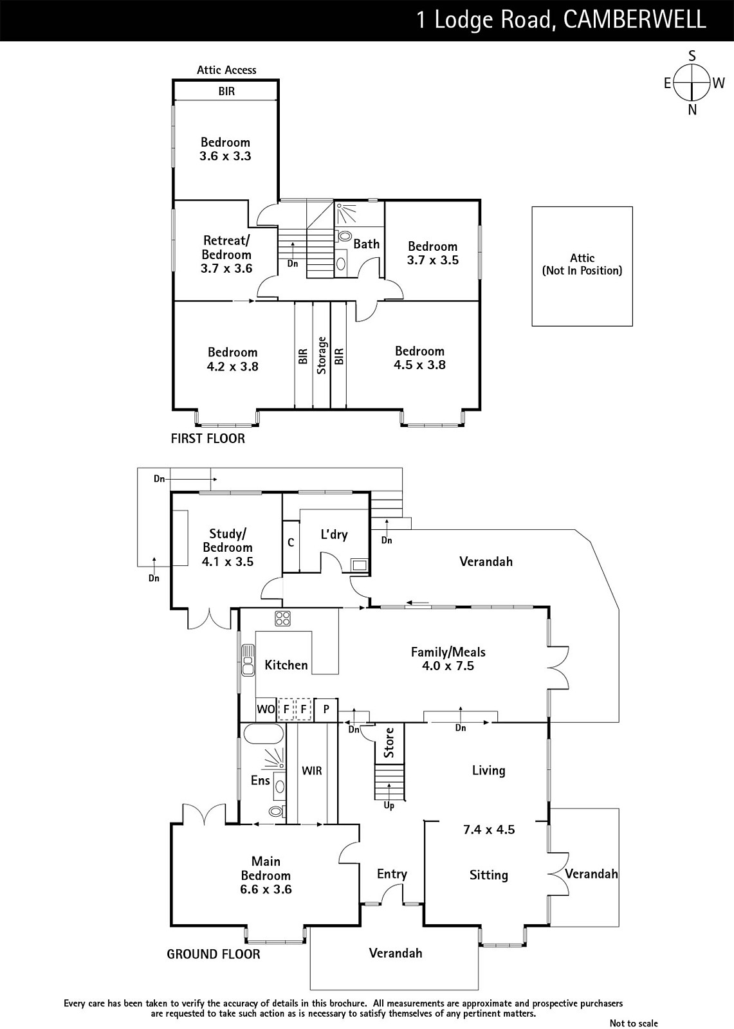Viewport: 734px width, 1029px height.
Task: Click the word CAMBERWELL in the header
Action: tap(635, 19)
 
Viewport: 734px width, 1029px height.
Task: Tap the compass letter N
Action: tap(692, 110)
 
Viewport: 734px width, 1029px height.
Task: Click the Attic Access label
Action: tap(226, 70)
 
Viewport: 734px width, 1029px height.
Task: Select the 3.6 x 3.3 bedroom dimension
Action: tap(225, 156)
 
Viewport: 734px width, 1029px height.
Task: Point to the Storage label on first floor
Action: tap(322, 355)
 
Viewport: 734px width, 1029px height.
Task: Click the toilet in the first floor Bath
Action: tap(344, 236)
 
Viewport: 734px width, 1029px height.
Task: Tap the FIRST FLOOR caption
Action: tap(208, 438)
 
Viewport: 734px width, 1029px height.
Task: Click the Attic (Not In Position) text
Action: tap(582, 264)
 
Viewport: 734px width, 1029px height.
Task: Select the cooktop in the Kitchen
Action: tap(282, 618)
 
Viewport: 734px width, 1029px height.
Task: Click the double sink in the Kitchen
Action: tap(248, 660)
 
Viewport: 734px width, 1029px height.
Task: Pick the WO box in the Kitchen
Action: tap(266, 709)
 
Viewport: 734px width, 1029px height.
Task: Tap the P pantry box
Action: tap(326, 709)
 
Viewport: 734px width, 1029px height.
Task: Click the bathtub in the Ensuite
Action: tap(263, 734)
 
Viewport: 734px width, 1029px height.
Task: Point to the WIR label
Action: tap(311, 770)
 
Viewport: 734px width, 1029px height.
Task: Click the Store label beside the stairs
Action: tap(389, 742)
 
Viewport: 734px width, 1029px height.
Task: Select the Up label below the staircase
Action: tap(389, 805)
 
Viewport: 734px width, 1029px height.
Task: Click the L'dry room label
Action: tap(334, 534)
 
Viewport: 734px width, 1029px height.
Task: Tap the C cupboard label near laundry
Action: tap(291, 543)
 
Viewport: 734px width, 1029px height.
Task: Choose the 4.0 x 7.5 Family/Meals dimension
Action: tap(448, 666)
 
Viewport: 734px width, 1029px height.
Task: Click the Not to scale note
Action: tap(634, 1023)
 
